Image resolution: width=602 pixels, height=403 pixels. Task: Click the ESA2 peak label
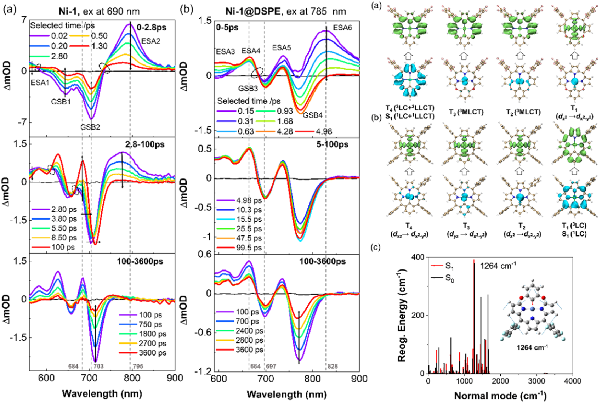(x=150, y=41)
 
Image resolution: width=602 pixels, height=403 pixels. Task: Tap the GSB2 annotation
(x=90, y=127)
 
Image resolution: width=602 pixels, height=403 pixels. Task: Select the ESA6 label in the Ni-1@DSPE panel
(x=342, y=28)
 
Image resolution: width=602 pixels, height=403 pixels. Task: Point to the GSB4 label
(x=312, y=115)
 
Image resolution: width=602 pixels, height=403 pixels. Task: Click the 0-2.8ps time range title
(x=152, y=27)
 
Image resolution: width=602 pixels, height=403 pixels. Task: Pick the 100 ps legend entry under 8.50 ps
(x=63, y=247)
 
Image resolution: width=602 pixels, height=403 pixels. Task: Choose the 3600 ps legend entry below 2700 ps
(x=152, y=353)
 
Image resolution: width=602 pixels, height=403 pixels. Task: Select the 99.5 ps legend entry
(x=249, y=248)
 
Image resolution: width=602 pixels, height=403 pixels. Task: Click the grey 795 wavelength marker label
(x=138, y=366)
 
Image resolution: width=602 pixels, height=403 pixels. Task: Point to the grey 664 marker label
(x=255, y=366)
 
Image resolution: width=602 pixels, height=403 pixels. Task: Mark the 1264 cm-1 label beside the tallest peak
(x=498, y=266)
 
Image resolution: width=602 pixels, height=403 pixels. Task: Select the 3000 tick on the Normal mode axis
(x=536, y=381)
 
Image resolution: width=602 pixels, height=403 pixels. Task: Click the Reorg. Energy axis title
(x=402, y=315)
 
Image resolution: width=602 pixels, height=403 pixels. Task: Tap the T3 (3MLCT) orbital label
(x=466, y=112)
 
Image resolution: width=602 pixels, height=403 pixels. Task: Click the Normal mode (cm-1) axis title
(x=500, y=396)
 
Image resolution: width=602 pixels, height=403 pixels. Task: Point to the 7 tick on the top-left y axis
(x=24, y=20)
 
